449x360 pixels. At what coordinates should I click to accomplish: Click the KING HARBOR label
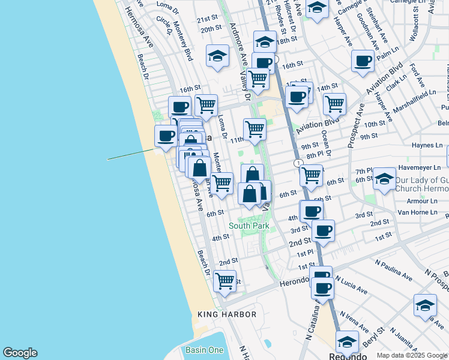point(227,314)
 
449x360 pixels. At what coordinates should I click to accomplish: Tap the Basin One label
point(208,350)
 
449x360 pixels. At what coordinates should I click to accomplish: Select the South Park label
point(249,226)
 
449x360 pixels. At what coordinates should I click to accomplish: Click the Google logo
point(20,353)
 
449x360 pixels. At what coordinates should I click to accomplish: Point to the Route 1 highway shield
point(298,163)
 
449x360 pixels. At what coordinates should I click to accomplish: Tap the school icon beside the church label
point(384,178)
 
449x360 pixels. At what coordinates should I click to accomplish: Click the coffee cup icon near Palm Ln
point(363,61)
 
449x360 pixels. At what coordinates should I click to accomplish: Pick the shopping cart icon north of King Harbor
point(224,280)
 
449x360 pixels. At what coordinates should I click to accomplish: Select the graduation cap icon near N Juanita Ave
point(425,305)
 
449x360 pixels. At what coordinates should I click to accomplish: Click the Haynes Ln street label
point(427,145)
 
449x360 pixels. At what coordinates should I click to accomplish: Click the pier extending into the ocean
point(129,154)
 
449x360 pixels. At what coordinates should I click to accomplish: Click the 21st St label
point(206,19)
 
